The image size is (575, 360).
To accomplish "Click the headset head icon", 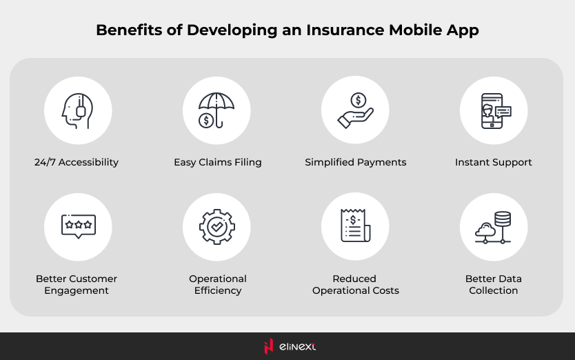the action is [x=77, y=110].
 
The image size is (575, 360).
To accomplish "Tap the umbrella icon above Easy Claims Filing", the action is [x=216, y=110].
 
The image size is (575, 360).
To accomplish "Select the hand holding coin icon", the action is [x=355, y=110].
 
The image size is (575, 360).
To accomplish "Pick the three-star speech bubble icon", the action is [x=79, y=226].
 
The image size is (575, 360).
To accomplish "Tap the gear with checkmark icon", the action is [x=217, y=227].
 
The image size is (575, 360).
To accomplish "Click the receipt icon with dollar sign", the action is [x=355, y=226].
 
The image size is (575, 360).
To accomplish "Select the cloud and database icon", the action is [x=493, y=228].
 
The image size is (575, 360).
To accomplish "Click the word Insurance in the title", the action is [x=345, y=30].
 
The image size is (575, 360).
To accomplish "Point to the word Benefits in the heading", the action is [x=129, y=30].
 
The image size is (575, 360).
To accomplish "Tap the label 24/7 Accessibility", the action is [x=77, y=162].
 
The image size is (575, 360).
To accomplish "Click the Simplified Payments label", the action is [x=355, y=162].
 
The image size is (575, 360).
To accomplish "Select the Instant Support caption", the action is [x=493, y=162].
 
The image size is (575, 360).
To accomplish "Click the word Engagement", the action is [x=77, y=290].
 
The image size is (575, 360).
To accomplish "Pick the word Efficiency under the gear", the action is [x=218, y=290].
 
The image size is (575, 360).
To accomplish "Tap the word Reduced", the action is [x=354, y=279].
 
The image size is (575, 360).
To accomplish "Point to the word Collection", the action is [x=493, y=290].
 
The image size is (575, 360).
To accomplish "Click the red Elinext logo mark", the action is [x=269, y=346].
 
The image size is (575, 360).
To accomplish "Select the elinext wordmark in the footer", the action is [x=297, y=346].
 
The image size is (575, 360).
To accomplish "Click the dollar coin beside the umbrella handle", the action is [x=206, y=120].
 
